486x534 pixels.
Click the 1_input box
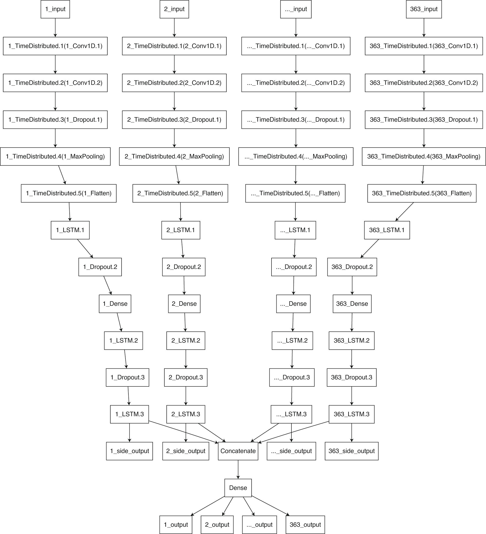[55, 9]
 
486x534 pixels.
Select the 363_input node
[424, 9]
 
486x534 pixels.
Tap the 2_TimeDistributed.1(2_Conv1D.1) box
[174, 46]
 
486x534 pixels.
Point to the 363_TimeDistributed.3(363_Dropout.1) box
[424, 120]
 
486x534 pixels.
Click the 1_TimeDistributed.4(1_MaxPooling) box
[55, 157]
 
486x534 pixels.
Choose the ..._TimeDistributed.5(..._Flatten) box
[295, 193]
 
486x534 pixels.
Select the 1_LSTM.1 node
[70, 230]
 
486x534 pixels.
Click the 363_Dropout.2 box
[352, 267]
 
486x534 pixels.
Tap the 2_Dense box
[184, 304]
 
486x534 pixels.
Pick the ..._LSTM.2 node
[292, 341]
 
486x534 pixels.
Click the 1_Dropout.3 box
[127, 377]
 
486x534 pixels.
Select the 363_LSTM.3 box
[352, 414]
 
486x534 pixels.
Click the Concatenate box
[238, 451]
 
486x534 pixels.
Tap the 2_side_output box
[186, 451]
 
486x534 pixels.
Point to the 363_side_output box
[352, 451]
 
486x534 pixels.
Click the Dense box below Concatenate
[238, 488]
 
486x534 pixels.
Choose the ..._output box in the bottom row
[259, 525]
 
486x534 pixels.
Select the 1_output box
[176, 525]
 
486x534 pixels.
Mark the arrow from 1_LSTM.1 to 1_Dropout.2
[85, 248]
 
